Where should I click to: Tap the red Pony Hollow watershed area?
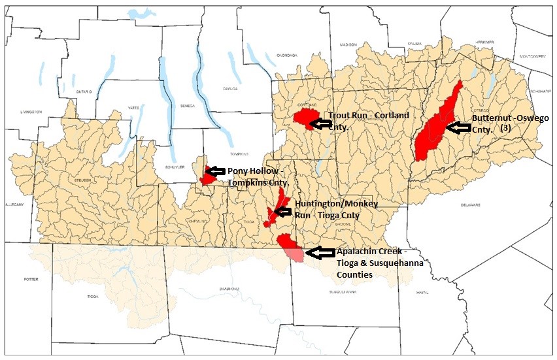point(209,175)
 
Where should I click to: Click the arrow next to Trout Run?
point(320,122)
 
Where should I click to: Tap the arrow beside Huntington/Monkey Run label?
point(284,211)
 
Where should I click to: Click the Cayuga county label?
point(229,88)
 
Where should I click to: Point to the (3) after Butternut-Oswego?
point(505,129)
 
